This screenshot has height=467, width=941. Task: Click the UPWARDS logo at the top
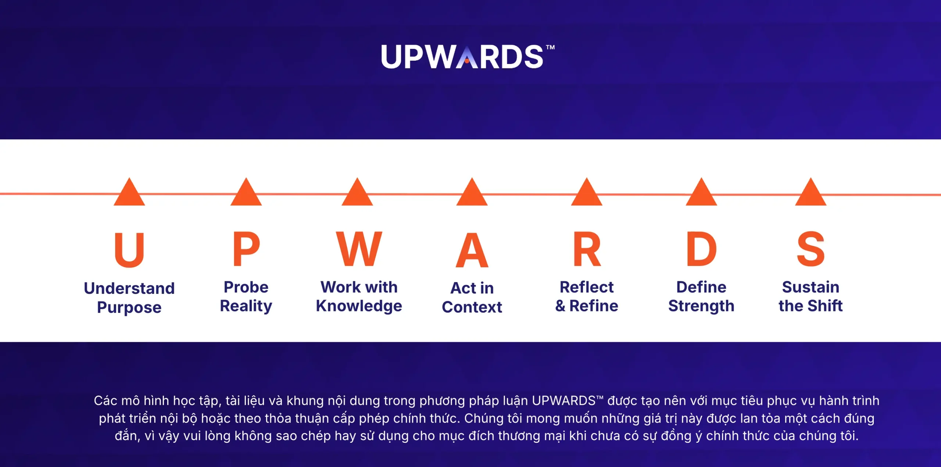(468, 57)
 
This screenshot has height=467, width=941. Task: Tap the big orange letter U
(129, 249)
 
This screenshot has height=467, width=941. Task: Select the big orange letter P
(246, 249)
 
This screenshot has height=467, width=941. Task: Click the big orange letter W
(359, 249)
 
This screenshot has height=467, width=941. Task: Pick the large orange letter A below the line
(472, 250)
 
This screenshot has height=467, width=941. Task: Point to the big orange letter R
(587, 249)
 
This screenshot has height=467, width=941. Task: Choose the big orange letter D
(702, 249)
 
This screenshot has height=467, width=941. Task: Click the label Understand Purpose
(129, 298)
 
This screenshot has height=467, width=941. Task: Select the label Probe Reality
(246, 297)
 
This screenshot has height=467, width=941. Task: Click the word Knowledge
(359, 306)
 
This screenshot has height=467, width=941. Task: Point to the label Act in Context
(472, 297)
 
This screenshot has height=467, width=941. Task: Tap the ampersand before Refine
(560, 306)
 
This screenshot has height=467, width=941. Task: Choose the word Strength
(701, 306)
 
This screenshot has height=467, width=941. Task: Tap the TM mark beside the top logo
(550, 47)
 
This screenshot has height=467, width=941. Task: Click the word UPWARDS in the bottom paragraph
(564, 400)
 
